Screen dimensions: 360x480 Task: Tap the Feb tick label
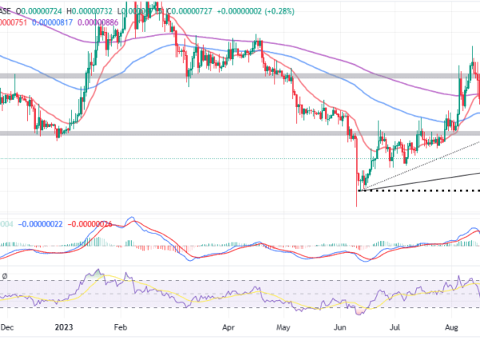121,327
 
